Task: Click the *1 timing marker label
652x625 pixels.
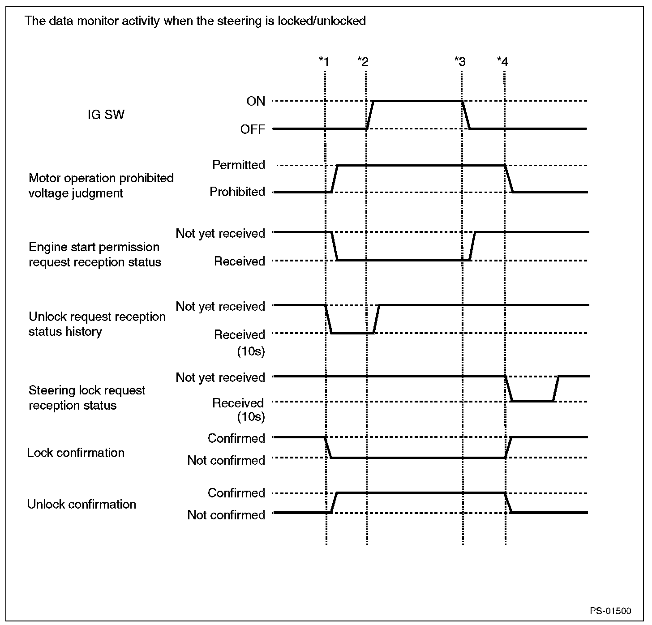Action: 324,61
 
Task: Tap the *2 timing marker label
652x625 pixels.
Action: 363,61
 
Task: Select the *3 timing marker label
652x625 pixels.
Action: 460,61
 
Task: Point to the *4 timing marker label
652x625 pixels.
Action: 502,61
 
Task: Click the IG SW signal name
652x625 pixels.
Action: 106,115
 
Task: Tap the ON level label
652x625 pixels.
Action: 256,101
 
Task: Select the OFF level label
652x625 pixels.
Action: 253,129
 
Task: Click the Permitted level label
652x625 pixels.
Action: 239,165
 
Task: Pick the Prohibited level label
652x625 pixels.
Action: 237,192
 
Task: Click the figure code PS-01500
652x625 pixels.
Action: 610,611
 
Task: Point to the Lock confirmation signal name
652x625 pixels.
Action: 76,453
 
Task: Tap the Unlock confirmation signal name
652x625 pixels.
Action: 81,504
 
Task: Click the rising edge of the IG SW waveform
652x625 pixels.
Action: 370,115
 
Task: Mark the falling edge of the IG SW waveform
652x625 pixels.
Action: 466,115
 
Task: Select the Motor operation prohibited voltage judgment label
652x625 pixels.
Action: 101,185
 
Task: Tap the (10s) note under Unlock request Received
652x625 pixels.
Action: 251,351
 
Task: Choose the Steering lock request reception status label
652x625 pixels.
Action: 87,398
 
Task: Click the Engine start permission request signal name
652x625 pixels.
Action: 95,254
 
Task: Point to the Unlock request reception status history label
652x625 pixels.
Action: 97,324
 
